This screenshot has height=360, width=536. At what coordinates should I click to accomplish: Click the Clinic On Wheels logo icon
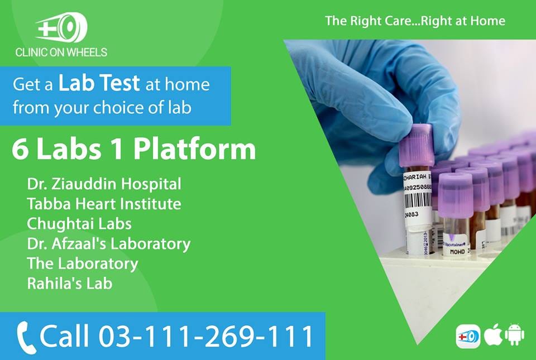pyautogui.click(x=61, y=28)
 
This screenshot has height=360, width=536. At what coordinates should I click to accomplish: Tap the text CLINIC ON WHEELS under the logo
pyautogui.click(x=61, y=52)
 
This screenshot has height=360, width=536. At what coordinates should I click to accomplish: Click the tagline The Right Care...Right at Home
pyautogui.click(x=415, y=21)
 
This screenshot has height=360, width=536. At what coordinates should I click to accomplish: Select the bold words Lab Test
pyautogui.click(x=99, y=84)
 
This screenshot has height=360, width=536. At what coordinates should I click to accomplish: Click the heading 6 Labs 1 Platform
pyautogui.click(x=133, y=150)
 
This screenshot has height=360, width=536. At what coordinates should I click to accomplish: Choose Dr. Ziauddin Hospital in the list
pyautogui.click(x=104, y=184)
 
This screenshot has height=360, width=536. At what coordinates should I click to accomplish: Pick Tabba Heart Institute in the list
pyautogui.click(x=104, y=204)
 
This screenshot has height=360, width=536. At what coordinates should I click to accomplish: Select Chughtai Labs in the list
pyautogui.click(x=79, y=224)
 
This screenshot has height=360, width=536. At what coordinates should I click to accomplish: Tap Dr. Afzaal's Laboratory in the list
pyautogui.click(x=109, y=244)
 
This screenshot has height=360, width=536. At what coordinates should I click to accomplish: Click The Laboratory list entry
pyautogui.click(x=82, y=263)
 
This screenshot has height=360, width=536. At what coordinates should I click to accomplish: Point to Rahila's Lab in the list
pyautogui.click(x=69, y=283)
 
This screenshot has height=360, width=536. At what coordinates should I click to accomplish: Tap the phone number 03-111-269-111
pyautogui.click(x=207, y=336)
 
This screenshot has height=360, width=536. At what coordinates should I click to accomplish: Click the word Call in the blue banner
pyautogui.click(x=65, y=336)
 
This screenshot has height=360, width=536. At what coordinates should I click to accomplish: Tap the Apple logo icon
pyautogui.click(x=491, y=335)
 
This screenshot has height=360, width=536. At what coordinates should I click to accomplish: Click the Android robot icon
pyautogui.click(x=514, y=335)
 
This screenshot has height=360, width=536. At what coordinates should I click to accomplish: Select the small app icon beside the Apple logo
pyautogui.click(x=468, y=336)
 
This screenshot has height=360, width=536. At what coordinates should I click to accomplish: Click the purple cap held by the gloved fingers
pyautogui.click(x=416, y=145)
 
